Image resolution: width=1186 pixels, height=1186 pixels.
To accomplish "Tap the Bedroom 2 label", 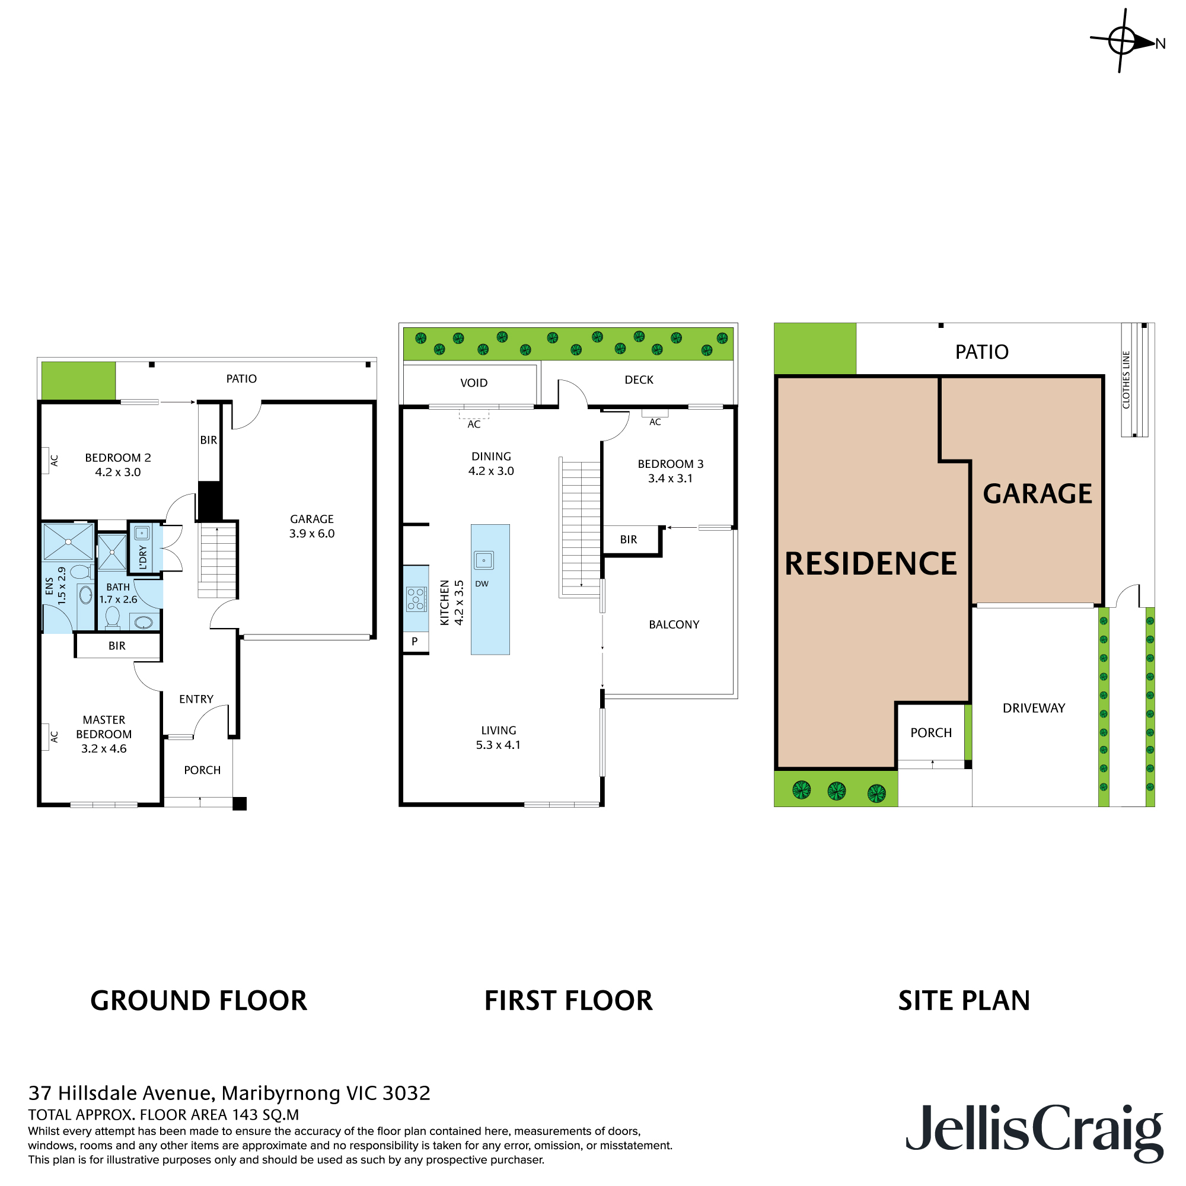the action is (x=118, y=458).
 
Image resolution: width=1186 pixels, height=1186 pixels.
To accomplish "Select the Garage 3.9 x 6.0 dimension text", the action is (x=312, y=534).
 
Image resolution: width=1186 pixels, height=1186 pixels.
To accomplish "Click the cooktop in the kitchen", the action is (x=416, y=599).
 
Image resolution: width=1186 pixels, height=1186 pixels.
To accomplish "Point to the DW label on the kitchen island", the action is (x=482, y=584).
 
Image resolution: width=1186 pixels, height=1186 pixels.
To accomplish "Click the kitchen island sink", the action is (x=484, y=560).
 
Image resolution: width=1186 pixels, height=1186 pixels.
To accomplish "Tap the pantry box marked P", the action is (x=416, y=642).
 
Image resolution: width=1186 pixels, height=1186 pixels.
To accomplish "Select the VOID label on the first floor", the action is (x=474, y=383).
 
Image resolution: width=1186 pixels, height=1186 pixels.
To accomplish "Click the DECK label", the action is (x=639, y=380).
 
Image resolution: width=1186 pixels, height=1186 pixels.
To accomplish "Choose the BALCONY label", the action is (x=674, y=624).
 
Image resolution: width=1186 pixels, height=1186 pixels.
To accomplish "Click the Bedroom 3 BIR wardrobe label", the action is (x=629, y=540).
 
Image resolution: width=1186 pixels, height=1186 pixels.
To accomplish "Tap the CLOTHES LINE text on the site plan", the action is (x=1126, y=380).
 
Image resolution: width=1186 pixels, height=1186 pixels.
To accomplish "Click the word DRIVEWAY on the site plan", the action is (x=1034, y=708).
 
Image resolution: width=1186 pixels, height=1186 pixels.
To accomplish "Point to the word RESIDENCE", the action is (x=871, y=563).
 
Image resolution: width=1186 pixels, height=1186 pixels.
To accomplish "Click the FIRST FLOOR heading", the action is (x=569, y=1000).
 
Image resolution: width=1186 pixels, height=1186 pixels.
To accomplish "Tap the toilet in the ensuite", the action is (x=81, y=572).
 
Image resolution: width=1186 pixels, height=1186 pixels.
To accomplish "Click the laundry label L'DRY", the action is (x=143, y=557).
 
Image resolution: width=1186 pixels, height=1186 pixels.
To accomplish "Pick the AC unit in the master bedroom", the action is (x=46, y=737).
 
